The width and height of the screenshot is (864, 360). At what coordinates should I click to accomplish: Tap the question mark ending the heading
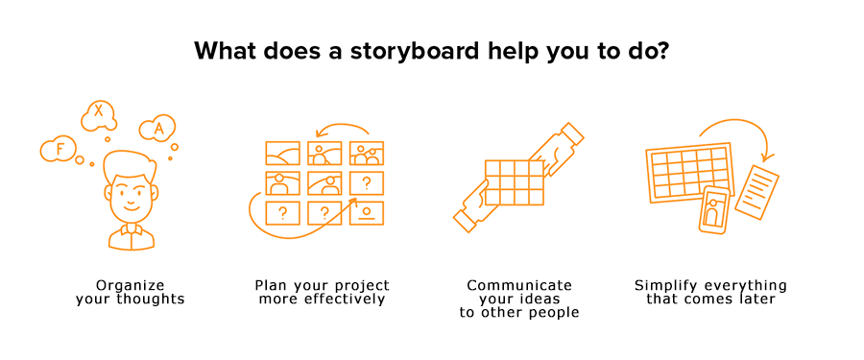click(661, 51)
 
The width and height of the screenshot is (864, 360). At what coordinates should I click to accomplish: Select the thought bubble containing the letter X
click(99, 116)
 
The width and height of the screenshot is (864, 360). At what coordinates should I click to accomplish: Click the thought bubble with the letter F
click(59, 150)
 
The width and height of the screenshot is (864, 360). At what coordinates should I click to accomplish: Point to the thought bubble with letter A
click(157, 129)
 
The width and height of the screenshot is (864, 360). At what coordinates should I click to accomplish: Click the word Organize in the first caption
click(130, 286)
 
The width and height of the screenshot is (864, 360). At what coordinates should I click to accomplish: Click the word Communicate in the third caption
click(519, 285)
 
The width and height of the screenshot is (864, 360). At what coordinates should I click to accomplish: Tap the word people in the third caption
click(554, 313)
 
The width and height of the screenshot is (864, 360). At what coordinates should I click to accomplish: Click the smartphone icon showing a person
click(713, 210)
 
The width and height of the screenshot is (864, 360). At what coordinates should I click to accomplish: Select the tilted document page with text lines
click(757, 192)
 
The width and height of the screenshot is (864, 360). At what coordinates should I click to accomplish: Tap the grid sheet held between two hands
click(515, 182)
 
